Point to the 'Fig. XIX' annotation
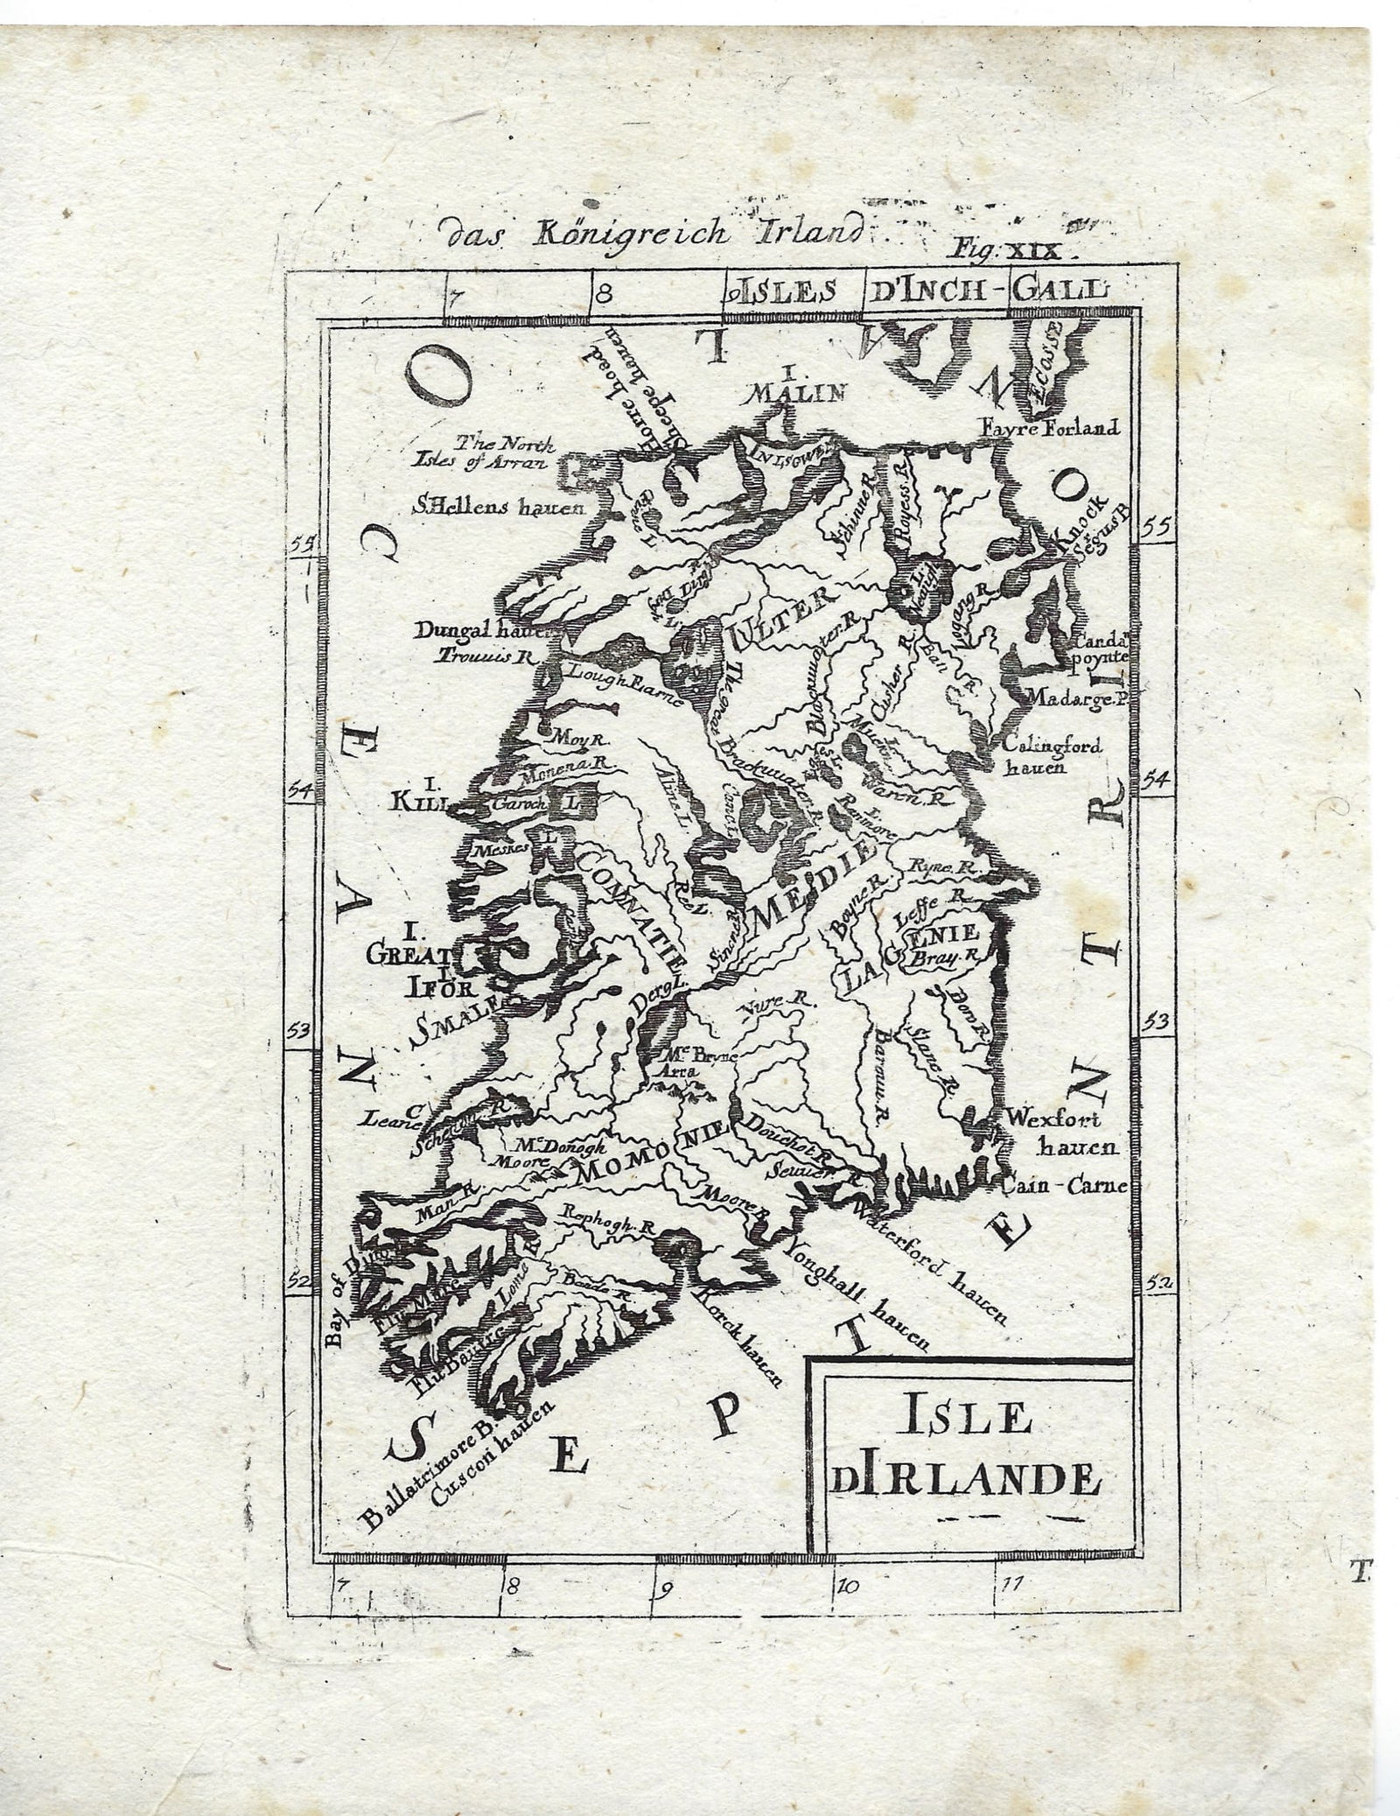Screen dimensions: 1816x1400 click(x=1019, y=251)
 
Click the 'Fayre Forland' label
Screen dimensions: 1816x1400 click(x=1049, y=428)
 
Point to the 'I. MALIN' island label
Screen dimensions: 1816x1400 click(x=799, y=385)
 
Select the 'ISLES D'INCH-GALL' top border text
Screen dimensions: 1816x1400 click(x=918, y=290)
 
